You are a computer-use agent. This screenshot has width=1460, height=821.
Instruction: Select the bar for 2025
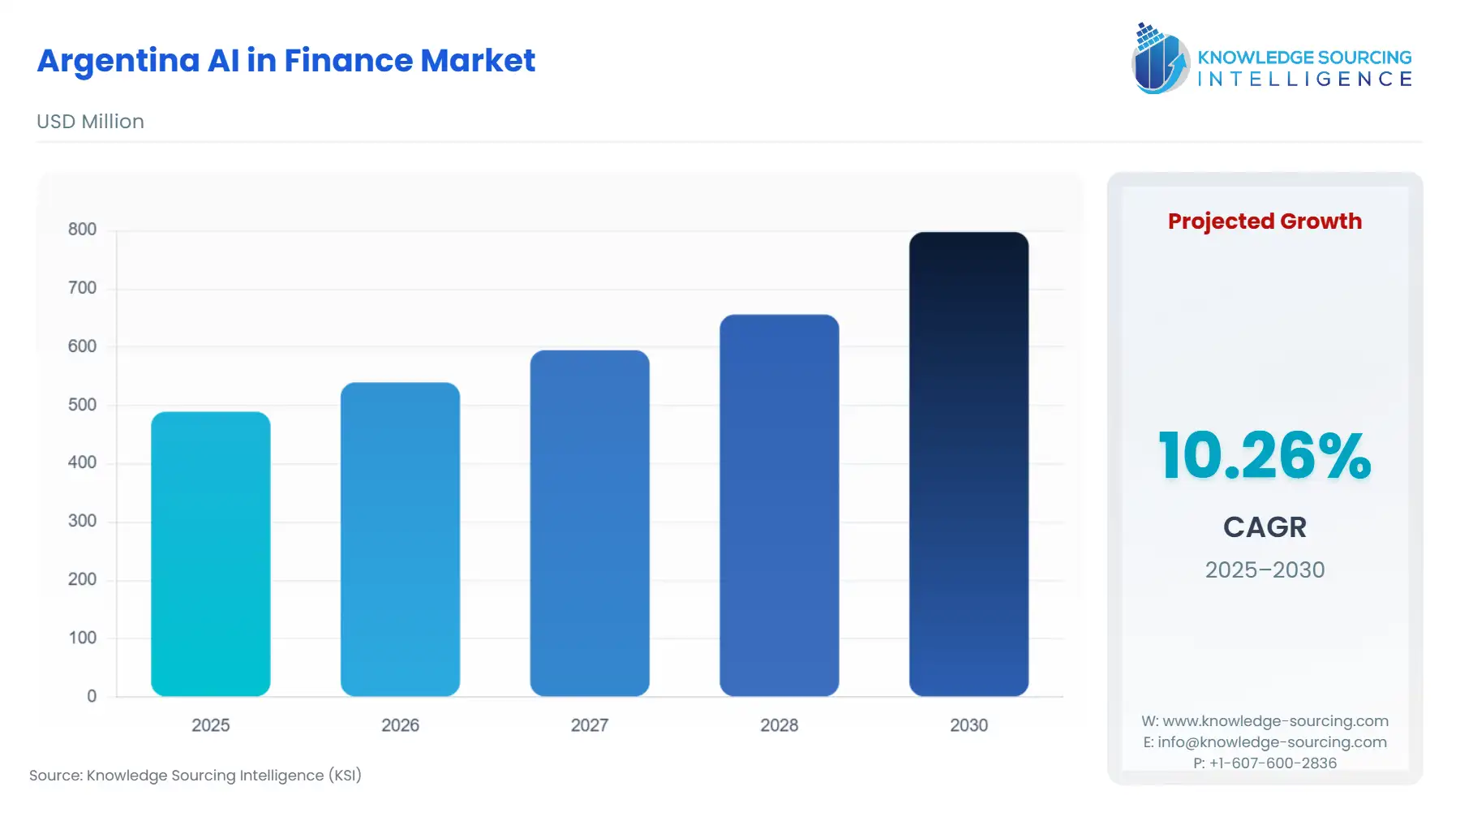tap(210, 554)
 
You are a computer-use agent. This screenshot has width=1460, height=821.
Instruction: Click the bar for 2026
tap(400, 539)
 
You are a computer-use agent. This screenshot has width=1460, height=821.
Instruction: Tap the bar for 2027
tap(590, 523)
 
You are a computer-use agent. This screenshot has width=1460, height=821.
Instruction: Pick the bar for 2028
tap(779, 505)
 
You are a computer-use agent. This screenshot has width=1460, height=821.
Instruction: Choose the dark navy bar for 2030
tap(968, 464)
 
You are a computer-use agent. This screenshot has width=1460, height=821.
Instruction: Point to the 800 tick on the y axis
tap(82, 230)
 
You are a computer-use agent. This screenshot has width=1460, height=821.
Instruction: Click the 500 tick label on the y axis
tap(82, 405)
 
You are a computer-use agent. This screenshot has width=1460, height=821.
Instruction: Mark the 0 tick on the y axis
tap(92, 696)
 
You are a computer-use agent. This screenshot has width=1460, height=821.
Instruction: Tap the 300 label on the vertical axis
tap(82, 521)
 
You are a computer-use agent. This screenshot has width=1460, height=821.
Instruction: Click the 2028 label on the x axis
tap(779, 725)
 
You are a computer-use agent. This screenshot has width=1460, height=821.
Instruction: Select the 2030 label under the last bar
tap(968, 725)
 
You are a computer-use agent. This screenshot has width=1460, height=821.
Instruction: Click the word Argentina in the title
tap(118, 61)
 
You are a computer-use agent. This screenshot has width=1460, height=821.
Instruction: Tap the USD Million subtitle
tap(90, 122)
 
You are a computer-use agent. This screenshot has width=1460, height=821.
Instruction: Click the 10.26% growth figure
tap(1265, 456)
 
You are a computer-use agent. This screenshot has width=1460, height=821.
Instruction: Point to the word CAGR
tap(1265, 527)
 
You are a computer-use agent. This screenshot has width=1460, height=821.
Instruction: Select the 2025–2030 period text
tap(1265, 570)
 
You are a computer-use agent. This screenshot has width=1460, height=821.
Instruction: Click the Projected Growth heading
tap(1265, 221)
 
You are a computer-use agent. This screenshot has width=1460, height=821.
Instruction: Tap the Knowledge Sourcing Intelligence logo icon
tap(1160, 58)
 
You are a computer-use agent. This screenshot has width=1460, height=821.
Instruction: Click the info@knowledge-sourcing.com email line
tap(1265, 741)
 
